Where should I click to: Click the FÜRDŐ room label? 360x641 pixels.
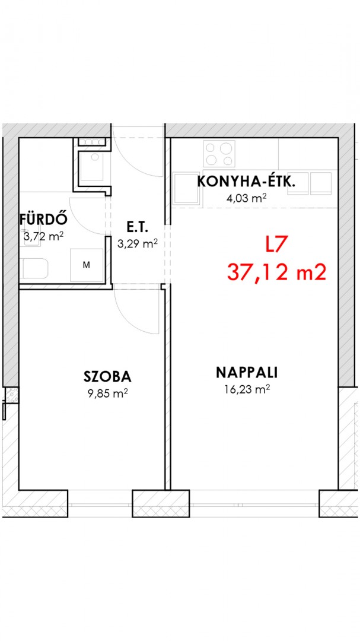pos(43,220)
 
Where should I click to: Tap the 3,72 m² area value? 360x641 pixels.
pos(43,236)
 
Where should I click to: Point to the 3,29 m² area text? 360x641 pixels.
pos(138,244)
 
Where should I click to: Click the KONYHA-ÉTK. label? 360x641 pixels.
pos(246,182)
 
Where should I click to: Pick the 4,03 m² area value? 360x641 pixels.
pos(247,199)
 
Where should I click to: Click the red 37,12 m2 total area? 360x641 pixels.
pos(276,272)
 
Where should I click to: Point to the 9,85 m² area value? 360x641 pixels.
pos(108,394)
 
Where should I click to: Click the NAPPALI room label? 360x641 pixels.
pos(247,372)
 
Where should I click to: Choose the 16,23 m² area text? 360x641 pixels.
pos(247,389)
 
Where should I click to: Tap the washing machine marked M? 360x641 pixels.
pos(87,265)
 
